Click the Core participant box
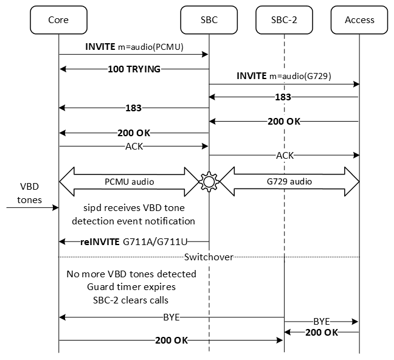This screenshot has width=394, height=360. coord(58,19)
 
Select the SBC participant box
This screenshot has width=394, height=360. coord(209,19)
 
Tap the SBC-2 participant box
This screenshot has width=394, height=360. coord(284,19)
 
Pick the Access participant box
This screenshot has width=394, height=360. coord(359,19)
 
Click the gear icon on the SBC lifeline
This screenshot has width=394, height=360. coord(209,181)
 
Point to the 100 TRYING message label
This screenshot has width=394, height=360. coord(134,69)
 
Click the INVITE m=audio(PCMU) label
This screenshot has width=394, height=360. coord(134,47)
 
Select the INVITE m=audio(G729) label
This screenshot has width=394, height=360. coord(284,76)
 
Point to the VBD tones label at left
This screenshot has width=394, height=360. coord(27,192)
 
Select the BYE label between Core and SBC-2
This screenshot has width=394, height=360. coord(171,317)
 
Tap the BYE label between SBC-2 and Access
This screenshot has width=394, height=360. coord(322,320)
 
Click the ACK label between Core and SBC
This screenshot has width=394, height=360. coord(134,146)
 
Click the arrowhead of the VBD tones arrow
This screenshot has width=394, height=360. coord(56,207)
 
